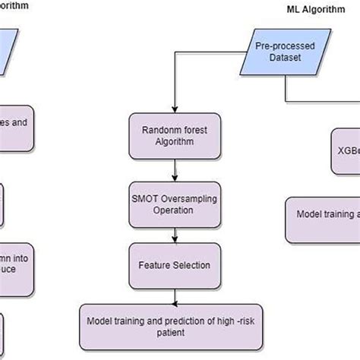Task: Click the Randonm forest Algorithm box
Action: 174,135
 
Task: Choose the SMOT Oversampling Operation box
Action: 174,206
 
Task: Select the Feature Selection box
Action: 174,265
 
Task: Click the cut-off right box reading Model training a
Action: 323,216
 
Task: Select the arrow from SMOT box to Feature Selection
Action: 174,236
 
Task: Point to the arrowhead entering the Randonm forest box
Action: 174,109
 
